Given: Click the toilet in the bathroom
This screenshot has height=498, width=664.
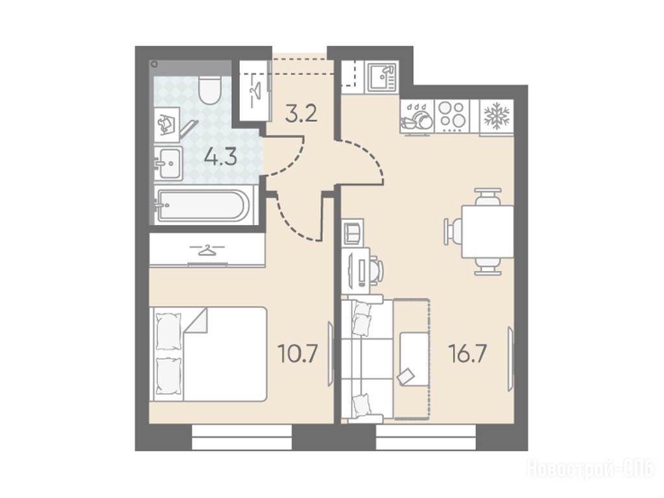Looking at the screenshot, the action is (x=210, y=89).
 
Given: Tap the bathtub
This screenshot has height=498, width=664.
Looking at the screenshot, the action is (x=202, y=206).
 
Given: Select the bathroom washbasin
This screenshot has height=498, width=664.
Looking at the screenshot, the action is (x=168, y=163).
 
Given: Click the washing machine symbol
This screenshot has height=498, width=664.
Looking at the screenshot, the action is (x=167, y=124).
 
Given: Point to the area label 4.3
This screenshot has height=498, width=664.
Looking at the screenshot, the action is (x=220, y=158).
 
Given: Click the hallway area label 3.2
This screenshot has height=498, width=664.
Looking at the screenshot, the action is (x=301, y=114).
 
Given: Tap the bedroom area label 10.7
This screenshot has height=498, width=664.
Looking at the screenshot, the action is (x=298, y=354).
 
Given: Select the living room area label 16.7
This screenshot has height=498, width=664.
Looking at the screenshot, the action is (x=469, y=354).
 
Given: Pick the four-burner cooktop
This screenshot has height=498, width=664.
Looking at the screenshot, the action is (x=452, y=115).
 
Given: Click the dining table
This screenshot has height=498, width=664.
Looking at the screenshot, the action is (x=488, y=231).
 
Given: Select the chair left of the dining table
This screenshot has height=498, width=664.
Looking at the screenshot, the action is (x=452, y=231).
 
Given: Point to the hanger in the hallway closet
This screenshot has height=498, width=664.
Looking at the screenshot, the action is (x=255, y=90).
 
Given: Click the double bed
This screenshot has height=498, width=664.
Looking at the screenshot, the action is (x=208, y=354).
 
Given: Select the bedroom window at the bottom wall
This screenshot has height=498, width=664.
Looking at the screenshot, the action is (x=243, y=437).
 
